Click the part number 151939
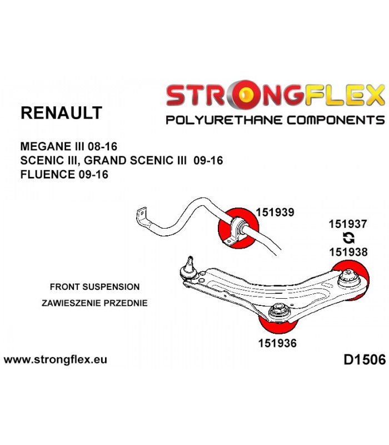pos(275,212)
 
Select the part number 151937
pos(348,224)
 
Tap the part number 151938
pos(348,252)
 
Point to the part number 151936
pos(277,343)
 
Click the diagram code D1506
pos(365,359)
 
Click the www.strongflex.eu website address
pos(56,359)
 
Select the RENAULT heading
pos(61,113)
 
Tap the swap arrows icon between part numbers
pos(348,238)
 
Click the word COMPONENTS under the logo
pos(336,120)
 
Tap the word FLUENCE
pos(47,174)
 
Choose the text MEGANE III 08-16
pos(68,146)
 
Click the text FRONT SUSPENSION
pos(94,286)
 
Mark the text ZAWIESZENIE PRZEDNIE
pos(94,303)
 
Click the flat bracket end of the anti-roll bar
pos(142,216)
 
